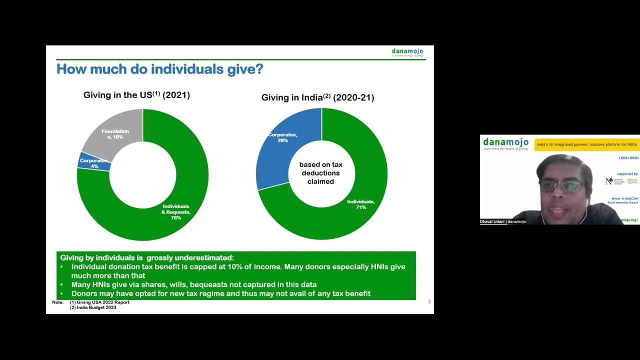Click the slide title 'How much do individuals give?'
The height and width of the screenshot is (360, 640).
point(159,69)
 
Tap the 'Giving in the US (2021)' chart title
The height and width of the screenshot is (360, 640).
point(136,95)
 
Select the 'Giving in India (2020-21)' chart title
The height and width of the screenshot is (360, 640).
point(317,97)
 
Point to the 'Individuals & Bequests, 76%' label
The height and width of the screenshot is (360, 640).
point(175,212)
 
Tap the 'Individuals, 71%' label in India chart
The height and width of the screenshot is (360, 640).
point(360,204)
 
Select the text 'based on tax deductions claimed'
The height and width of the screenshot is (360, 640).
point(320,173)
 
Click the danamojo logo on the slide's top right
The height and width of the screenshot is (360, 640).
point(407,52)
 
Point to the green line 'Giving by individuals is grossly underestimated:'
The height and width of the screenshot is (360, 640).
point(147,257)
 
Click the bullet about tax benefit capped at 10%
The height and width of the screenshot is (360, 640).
point(238,271)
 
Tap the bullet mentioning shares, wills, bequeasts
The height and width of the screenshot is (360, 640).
point(194,284)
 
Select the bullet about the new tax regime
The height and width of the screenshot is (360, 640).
point(220,293)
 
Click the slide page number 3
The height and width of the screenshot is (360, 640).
point(429,301)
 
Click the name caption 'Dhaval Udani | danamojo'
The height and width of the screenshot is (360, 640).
point(502,221)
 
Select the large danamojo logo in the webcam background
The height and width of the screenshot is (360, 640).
point(505,143)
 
